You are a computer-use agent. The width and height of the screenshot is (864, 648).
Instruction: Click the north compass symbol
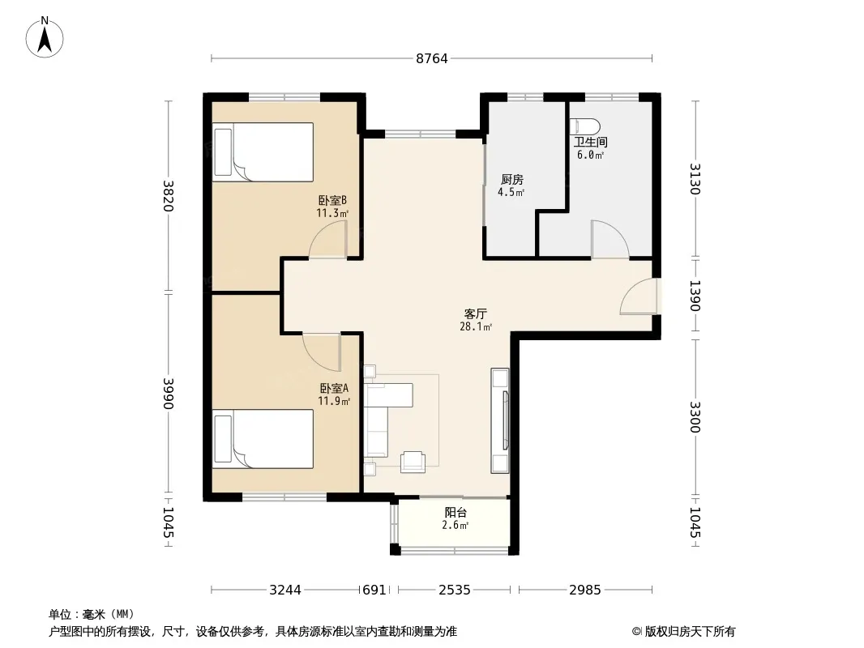(x=45, y=37)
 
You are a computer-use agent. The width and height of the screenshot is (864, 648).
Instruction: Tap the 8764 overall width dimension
(x=432, y=58)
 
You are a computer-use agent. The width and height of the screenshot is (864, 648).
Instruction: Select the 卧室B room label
(x=332, y=200)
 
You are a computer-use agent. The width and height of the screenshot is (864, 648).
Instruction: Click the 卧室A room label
(x=334, y=388)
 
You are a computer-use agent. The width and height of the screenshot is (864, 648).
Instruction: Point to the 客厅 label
(x=476, y=313)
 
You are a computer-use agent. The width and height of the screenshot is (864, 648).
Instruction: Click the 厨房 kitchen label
(x=512, y=180)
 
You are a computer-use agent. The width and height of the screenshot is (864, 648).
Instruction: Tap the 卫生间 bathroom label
(x=591, y=142)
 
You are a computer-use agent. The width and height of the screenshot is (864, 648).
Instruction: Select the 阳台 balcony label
(x=456, y=513)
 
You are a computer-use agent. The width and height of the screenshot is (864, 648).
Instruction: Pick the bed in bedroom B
(x=263, y=152)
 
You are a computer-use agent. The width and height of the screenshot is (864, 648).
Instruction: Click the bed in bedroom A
(x=263, y=439)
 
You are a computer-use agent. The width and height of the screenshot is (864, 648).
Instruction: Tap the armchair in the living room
(x=413, y=462)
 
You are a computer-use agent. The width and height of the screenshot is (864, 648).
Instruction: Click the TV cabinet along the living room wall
(x=500, y=420)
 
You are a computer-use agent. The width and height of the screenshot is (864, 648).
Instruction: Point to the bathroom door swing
(x=610, y=239)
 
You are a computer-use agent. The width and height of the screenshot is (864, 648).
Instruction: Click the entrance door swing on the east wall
(x=639, y=296)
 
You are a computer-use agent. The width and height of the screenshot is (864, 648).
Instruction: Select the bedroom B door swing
(x=328, y=239)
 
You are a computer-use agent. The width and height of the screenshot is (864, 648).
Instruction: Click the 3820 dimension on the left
(x=168, y=196)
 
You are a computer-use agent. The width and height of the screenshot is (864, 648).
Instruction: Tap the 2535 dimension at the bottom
(x=455, y=590)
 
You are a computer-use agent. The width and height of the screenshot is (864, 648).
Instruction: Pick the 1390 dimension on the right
(x=695, y=296)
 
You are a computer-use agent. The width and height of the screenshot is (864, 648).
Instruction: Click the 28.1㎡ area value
(x=476, y=326)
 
